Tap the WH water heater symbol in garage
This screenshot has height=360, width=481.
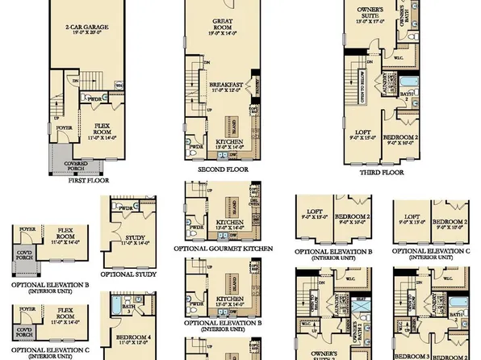click(119, 83)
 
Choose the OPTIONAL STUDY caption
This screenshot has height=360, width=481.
click(130, 274)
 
